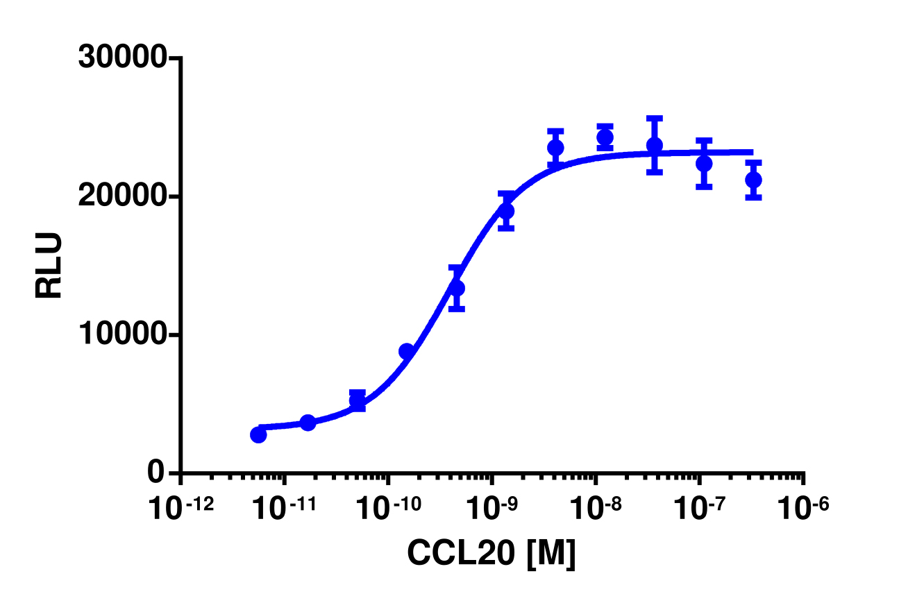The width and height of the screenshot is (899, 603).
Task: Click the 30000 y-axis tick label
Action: tap(122, 58)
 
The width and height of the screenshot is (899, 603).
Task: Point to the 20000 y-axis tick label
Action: tap(122, 197)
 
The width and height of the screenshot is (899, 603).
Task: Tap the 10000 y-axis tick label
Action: tap(122, 335)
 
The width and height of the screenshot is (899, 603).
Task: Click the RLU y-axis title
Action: tap(49, 266)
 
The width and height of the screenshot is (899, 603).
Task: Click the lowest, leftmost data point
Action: tap(258, 435)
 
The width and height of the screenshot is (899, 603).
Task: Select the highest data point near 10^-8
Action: tap(605, 137)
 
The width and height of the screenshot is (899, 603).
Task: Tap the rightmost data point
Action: tap(753, 180)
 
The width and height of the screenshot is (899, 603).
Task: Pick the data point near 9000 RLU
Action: tap(407, 352)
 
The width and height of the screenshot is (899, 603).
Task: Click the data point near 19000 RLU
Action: tap(506, 211)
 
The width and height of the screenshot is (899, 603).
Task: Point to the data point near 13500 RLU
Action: tap(456, 288)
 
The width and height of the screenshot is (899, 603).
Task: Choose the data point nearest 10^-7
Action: tap(704, 164)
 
